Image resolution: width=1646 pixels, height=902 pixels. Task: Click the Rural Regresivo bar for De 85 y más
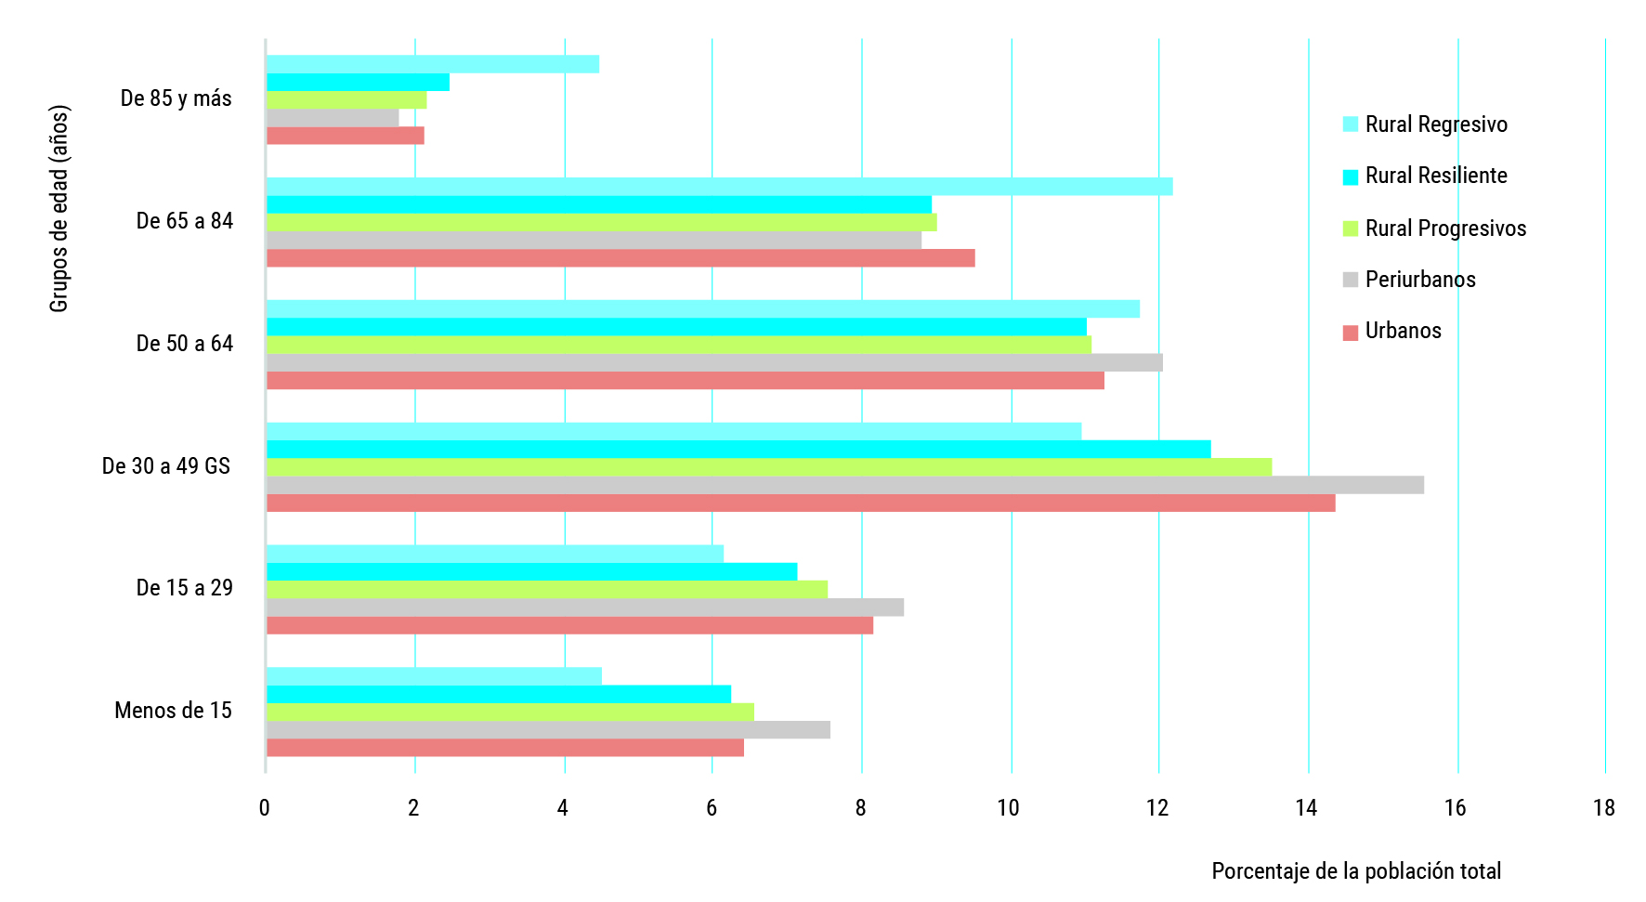[x=433, y=64]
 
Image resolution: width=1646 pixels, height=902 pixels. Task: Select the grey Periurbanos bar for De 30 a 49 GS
[x=844, y=485]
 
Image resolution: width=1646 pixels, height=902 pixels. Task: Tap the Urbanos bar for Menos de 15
[x=505, y=748]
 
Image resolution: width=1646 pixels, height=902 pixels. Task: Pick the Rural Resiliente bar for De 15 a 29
[x=531, y=571]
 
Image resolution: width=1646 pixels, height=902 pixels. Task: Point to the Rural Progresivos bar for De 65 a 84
[x=601, y=223]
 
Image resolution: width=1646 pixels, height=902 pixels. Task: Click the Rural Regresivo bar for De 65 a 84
[x=719, y=187]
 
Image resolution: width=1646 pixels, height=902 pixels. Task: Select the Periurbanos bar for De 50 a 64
[x=714, y=363]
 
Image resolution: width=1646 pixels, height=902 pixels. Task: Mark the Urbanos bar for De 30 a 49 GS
[x=801, y=503]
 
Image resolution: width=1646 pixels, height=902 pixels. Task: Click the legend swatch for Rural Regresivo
[x=1351, y=124]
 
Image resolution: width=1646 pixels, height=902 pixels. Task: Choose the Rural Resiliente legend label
[x=1436, y=176]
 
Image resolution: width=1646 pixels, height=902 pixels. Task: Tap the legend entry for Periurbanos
[x=1420, y=280]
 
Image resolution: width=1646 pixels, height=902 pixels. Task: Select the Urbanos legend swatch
[x=1351, y=333]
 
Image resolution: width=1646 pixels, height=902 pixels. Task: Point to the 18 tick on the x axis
[x=1604, y=808]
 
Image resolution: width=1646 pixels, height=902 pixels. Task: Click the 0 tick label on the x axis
[x=265, y=808]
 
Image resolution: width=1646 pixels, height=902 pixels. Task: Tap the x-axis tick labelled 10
[x=1009, y=808]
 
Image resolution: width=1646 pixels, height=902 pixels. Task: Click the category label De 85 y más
[x=176, y=98]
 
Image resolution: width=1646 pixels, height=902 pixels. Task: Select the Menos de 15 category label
[x=173, y=711]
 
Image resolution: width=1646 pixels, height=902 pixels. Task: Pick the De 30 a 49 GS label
[x=166, y=466]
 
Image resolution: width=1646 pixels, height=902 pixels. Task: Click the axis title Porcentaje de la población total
[x=1356, y=871]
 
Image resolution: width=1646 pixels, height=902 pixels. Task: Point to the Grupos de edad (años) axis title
[x=59, y=209]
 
